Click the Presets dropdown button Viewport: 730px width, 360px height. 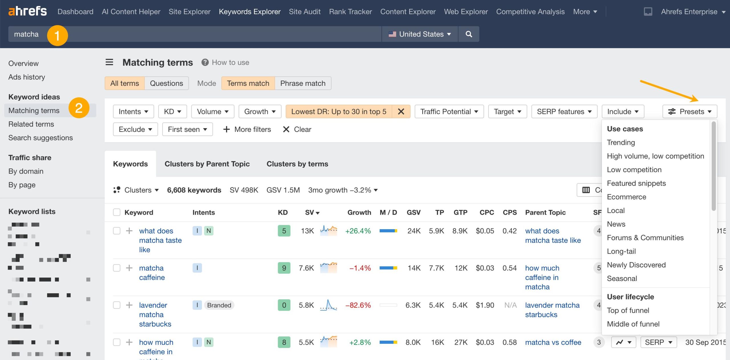(690, 111)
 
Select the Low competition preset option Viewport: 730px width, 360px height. (634, 170)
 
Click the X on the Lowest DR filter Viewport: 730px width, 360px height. (401, 111)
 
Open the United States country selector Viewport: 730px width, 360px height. (419, 34)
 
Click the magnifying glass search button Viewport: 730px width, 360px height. (469, 34)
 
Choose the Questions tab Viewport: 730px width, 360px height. (166, 83)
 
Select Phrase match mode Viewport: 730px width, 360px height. (303, 83)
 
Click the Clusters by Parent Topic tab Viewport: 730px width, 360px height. (207, 164)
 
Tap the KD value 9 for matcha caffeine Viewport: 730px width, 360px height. (284, 268)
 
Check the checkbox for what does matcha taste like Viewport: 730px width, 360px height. (117, 231)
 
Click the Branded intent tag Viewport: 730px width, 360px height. (219, 305)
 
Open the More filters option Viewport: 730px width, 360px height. (247, 129)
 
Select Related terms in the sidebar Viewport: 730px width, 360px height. (31, 124)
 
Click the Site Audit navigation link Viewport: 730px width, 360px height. (305, 12)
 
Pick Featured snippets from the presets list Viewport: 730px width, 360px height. (636, 183)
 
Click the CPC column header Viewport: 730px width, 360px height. (486, 212)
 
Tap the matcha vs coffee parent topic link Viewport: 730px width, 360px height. (553, 342)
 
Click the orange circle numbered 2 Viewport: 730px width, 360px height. (79, 108)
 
